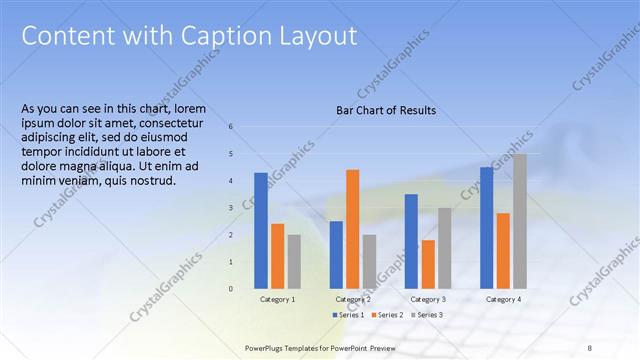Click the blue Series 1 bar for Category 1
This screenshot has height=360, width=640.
point(261,231)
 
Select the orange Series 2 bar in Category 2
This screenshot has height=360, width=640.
point(352,229)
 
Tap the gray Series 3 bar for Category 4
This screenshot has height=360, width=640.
point(519,221)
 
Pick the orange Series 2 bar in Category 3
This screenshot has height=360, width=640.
point(428,264)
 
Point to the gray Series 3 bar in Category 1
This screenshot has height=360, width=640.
point(293,262)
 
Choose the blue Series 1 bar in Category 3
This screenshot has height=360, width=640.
point(411,241)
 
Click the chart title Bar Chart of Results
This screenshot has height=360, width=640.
point(385,110)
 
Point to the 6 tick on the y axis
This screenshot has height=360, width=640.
point(231,127)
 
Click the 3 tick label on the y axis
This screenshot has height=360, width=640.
point(231,208)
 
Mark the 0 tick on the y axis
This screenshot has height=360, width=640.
point(231,289)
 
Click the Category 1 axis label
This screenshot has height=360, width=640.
point(277,299)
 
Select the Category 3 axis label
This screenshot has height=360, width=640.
point(428,299)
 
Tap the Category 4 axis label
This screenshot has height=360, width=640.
point(503,299)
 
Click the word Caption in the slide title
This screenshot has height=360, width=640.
point(220,36)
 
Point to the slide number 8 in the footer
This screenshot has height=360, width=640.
point(589,347)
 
